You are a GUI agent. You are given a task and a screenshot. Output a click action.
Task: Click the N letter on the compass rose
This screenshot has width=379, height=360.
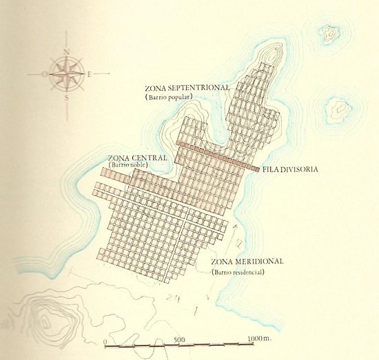(x=66, y=52)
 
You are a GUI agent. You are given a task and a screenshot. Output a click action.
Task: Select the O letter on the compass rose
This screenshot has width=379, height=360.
(x=43, y=72)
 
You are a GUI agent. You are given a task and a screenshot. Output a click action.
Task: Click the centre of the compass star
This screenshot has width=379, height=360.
(x=66, y=73)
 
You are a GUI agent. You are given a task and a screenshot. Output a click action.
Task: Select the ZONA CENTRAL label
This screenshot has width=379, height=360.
(x=138, y=158)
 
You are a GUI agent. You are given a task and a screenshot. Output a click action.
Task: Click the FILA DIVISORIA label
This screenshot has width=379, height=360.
(x=290, y=169)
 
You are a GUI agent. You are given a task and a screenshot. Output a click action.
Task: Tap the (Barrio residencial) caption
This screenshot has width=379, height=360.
(x=238, y=273)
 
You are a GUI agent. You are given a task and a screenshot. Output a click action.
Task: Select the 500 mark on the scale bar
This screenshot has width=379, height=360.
(x=178, y=339)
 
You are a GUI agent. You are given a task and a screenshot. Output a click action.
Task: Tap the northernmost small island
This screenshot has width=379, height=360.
(x=331, y=32)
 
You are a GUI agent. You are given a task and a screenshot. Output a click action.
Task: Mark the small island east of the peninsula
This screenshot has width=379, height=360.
(x=338, y=107)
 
